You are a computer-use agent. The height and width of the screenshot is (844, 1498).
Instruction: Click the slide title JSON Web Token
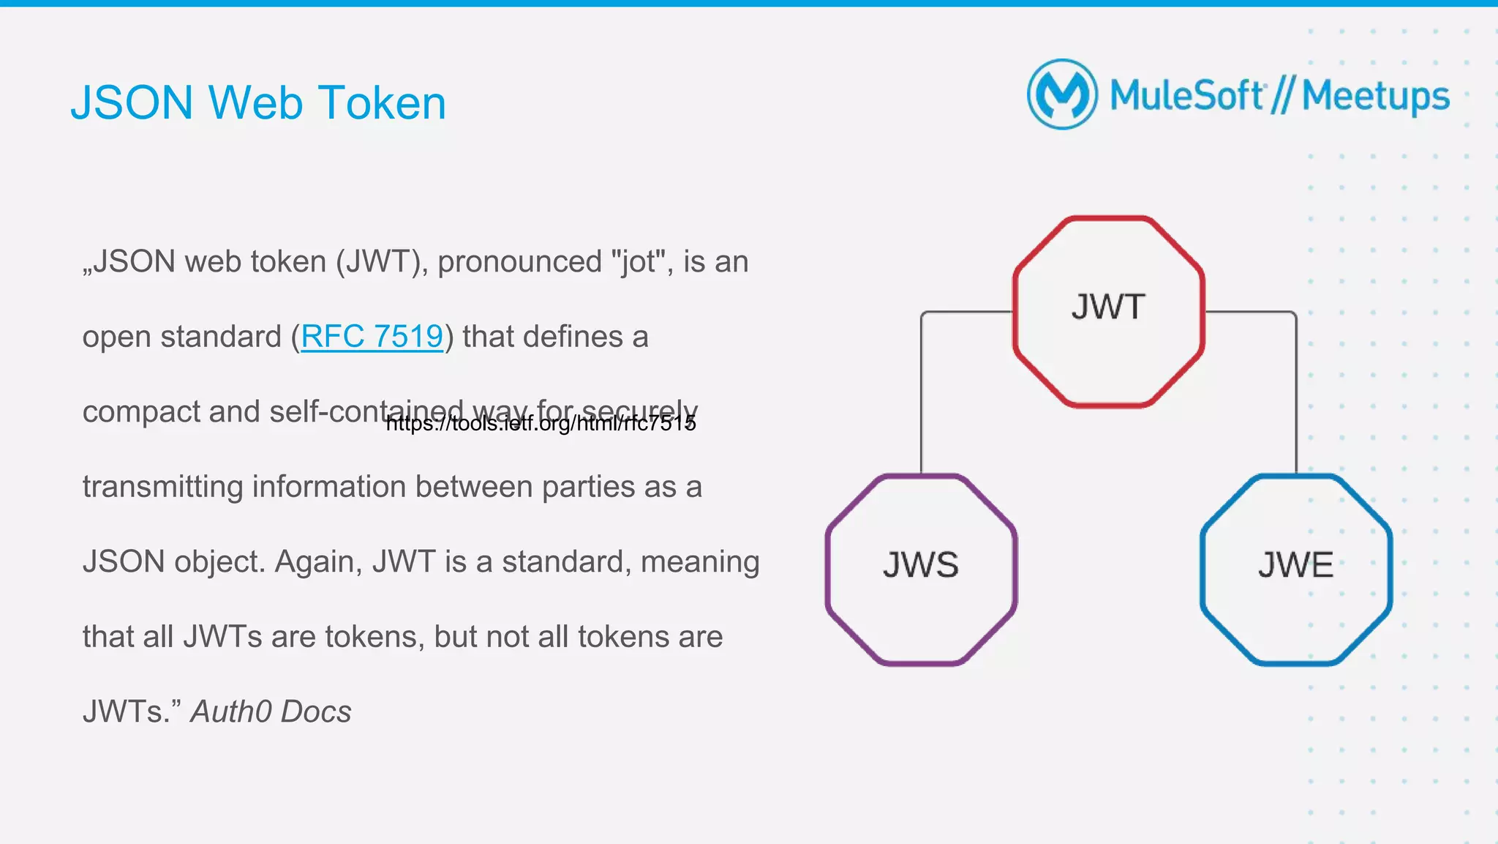point(257,102)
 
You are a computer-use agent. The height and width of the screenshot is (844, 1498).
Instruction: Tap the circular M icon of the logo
point(1062,94)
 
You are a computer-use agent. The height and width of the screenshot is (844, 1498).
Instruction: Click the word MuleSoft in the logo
point(1186,95)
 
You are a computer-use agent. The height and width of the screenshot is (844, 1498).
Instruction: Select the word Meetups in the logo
point(1375,97)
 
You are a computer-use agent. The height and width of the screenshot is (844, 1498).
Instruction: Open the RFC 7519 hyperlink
point(372,337)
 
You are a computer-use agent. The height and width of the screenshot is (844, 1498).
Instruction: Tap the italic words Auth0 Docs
point(271,712)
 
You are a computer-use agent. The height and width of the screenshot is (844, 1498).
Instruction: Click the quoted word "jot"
point(638,262)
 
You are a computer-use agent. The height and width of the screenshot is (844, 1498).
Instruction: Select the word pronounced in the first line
point(519,262)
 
